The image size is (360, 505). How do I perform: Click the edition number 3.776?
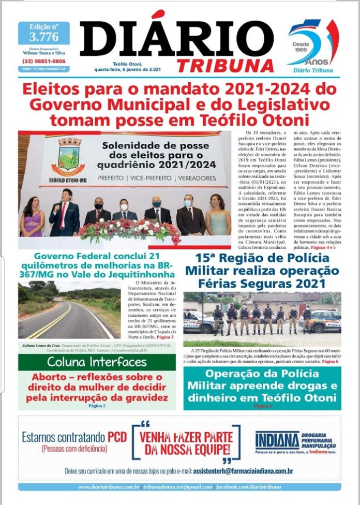(43, 36)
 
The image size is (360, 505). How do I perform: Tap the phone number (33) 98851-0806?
(43, 61)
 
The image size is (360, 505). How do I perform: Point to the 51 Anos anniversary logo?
(312, 44)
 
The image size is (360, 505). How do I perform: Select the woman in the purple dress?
(32, 217)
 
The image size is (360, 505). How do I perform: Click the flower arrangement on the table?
(129, 230)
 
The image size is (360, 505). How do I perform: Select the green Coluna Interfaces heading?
(96, 361)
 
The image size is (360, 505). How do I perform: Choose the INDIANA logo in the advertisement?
(277, 441)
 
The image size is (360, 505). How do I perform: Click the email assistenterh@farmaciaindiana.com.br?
(243, 471)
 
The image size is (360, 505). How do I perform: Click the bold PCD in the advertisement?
(117, 437)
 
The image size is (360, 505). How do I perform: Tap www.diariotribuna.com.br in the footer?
(109, 487)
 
